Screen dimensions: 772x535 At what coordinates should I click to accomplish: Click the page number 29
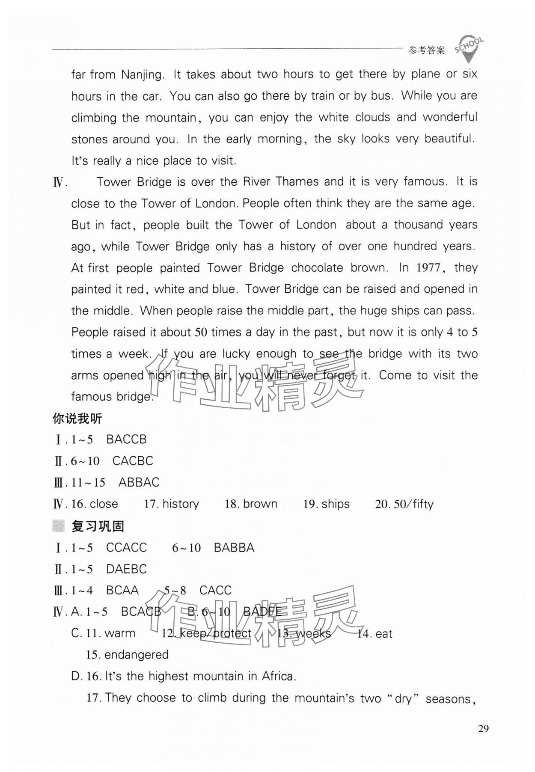pyautogui.click(x=483, y=728)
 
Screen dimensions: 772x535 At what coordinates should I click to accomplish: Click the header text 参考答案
pyautogui.click(x=426, y=50)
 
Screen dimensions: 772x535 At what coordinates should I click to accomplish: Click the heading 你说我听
pyautogui.click(x=77, y=418)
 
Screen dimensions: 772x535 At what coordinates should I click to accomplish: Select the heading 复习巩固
pyautogui.click(x=98, y=526)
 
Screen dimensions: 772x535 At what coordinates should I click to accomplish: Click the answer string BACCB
pyautogui.click(x=126, y=439)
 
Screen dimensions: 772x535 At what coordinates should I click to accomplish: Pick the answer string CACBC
pyautogui.click(x=133, y=461)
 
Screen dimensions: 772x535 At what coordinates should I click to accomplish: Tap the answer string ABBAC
pyautogui.click(x=139, y=482)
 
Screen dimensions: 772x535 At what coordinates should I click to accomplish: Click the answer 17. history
pyautogui.click(x=172, y=504)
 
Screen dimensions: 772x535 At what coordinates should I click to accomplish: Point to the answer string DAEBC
pyautogui.click(x=126, y=569)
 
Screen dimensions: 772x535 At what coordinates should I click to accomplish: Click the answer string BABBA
pyautogui.click(x=234, y=548)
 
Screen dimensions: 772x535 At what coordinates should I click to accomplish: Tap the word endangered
pyautogui.click(x=136, y=655)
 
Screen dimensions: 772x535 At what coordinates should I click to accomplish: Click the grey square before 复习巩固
pyautogui.click(x=58, y=526)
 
